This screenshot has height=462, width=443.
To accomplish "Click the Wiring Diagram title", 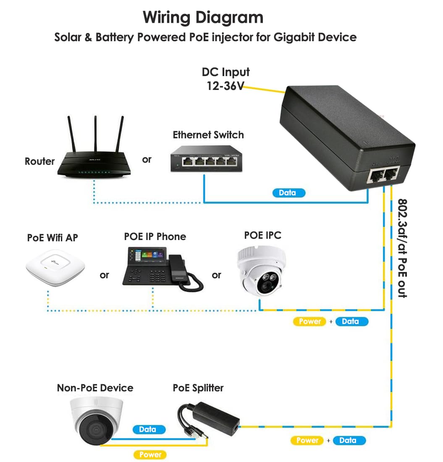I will click(203, 18).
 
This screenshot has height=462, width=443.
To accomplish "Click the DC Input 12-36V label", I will click(225, 79).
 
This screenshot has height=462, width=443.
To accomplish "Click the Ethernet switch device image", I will click(207, 159).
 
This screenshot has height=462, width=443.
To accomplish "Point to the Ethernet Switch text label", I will click(208, 135).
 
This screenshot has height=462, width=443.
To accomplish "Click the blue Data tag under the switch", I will click(287, 193).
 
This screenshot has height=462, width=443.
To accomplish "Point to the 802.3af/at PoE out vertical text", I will click(402, 248).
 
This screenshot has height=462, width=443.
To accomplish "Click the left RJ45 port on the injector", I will click(374, 176).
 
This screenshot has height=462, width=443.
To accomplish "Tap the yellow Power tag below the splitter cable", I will click(150, 454).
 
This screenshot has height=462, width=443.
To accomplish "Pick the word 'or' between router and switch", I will click(147, 160).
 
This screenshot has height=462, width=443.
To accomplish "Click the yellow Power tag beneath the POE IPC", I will click(310, 322).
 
